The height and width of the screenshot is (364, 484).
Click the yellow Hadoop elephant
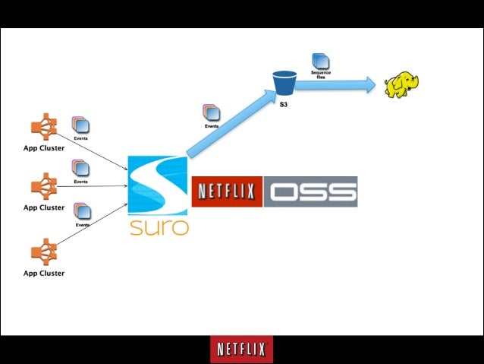point(401,85)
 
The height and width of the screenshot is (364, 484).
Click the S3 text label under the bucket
point(283,103)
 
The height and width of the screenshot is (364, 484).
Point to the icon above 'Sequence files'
point(321,61)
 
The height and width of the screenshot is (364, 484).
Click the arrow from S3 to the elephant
point(334,85)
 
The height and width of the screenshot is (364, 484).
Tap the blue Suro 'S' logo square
point(158,186)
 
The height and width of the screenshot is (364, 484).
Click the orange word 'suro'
point(158,226)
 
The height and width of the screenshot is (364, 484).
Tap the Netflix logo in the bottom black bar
point(241,350)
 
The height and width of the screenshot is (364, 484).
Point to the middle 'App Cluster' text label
point(43,207)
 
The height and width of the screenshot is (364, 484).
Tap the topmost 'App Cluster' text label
point(43,148)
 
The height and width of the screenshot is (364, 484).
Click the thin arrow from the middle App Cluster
point(91,185)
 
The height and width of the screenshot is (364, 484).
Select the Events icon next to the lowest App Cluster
point(82,211)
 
